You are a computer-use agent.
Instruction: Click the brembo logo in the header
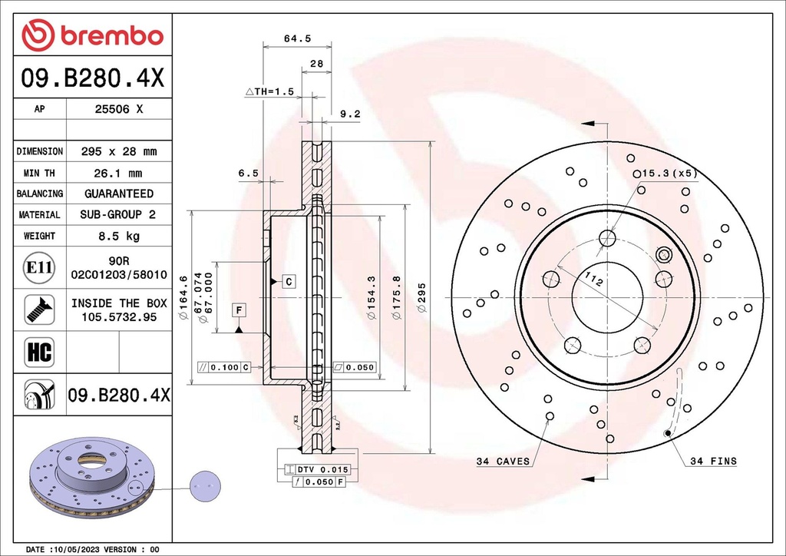92,35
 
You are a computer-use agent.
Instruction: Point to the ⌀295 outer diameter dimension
420,297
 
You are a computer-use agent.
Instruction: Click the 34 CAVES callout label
503,462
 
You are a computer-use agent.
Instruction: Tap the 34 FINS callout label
713,462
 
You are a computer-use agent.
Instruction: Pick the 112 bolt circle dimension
593,281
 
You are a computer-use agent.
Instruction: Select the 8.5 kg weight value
118,237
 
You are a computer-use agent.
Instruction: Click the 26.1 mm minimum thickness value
118,174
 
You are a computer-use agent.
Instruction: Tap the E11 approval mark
39,267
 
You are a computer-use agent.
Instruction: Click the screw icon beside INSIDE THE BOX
39,309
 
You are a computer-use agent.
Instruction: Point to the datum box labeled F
239,310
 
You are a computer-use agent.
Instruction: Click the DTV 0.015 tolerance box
317,469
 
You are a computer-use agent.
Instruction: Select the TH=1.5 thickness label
269,91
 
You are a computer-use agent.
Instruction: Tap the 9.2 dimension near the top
349,114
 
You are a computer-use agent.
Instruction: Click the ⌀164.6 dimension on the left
183,297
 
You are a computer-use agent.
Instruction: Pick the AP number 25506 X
118,109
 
